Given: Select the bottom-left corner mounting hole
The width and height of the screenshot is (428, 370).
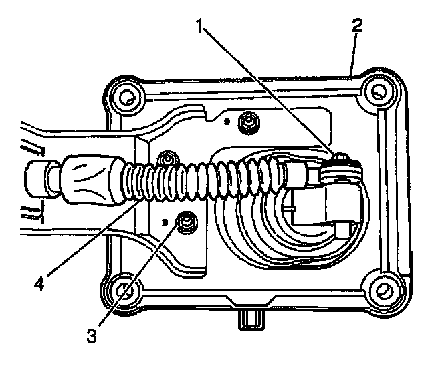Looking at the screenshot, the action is (x=123, y=291).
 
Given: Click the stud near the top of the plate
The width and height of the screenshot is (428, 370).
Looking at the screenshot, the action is (x=249, y=122).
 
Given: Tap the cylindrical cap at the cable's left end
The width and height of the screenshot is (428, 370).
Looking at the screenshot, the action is (x=38, y=181).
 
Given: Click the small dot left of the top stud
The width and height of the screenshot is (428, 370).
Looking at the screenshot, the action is (x=227, y=122).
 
